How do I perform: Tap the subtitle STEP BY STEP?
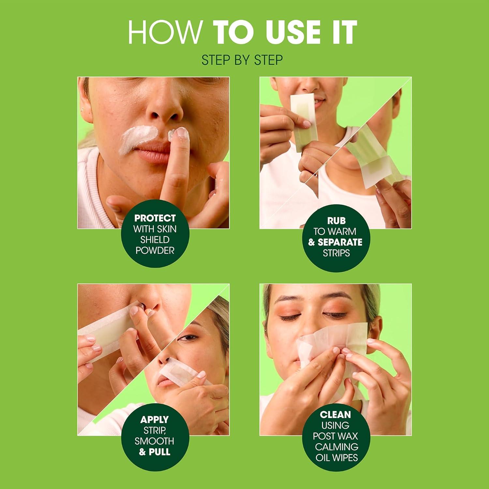tap(242, 60)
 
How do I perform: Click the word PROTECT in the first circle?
tap(155, 218)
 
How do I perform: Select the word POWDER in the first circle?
tap(155, 250)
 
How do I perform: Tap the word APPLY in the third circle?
tap(155, 420)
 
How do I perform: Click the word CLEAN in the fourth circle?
tap(335, 415)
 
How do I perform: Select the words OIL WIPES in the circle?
tap(336, 457)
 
